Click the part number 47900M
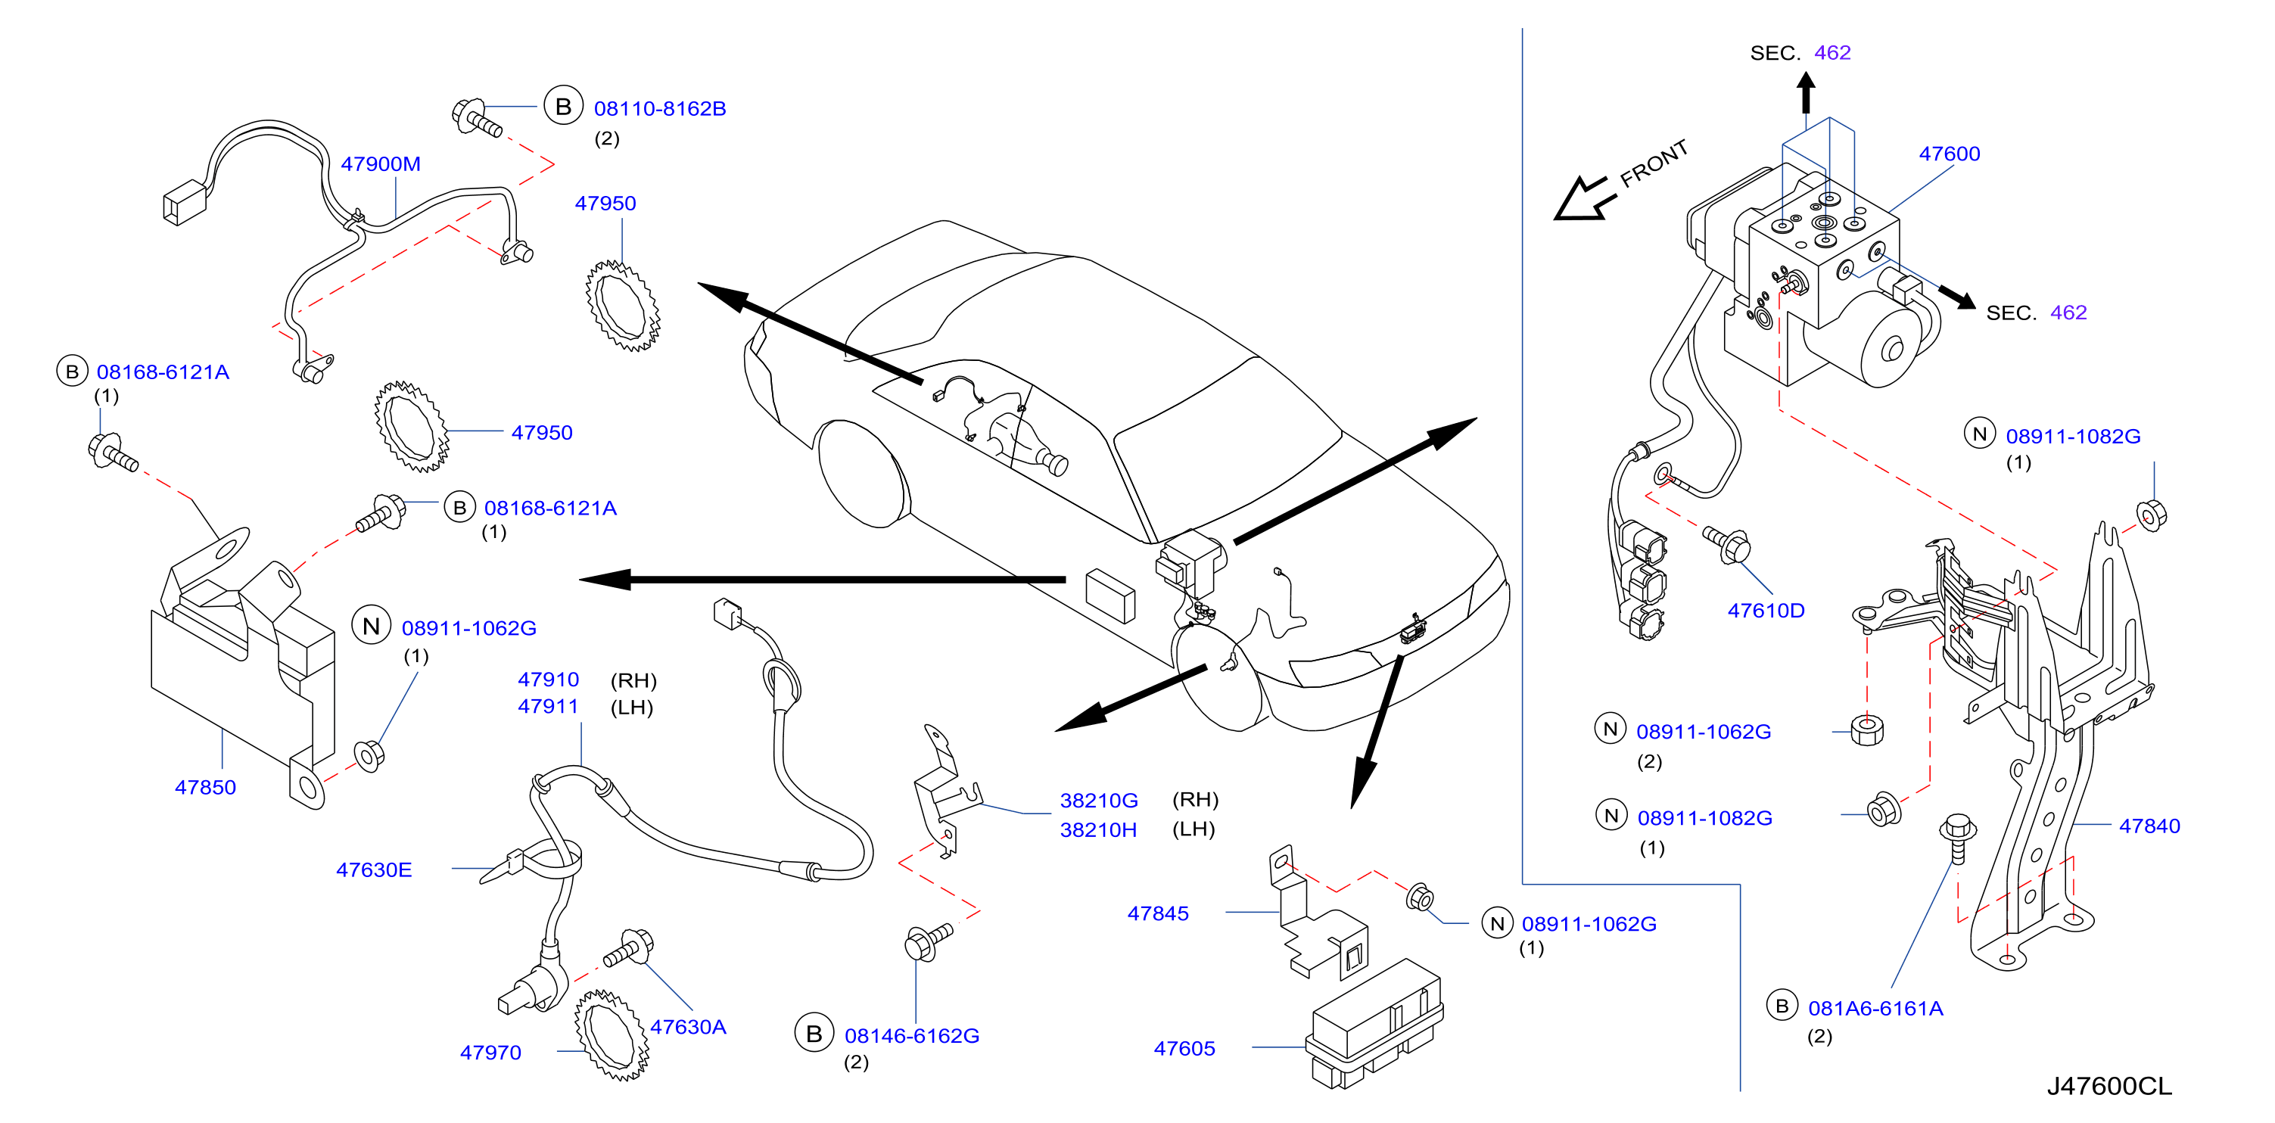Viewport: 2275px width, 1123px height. (x=381, y=164)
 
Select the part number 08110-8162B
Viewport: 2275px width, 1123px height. (x=660, y=109)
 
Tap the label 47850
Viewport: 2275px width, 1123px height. (x=205, y=788)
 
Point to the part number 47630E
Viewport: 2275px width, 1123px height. (x=374, y=869)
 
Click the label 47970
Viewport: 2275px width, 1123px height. (x=490, y=1053)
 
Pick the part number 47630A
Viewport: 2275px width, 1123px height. (x=688, y=1027)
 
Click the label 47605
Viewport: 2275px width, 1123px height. (x=1184, y=1048)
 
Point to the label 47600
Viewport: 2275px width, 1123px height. (x=1949, y=154)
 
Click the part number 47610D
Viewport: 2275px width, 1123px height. (x=1766, y=610)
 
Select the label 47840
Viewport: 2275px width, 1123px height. (x=2149, y=826)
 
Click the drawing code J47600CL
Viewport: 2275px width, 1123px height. (x=2109, y=1086)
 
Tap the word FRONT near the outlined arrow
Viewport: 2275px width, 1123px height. (x=1654, y=163)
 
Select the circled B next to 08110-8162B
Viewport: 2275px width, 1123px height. (x=563, y=107)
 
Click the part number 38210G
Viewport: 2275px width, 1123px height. (x=1099, y=800)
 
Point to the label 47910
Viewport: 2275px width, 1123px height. (x=549, y=679)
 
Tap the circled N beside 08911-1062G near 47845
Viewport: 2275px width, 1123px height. (x=1497, y=923)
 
